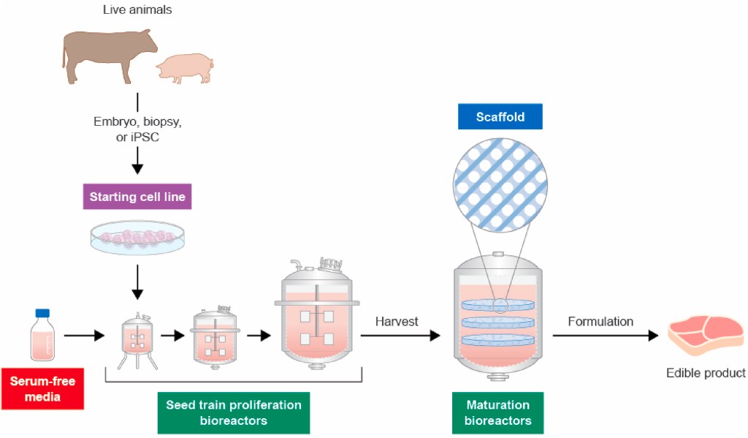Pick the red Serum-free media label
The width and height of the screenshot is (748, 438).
[x=42, y=389]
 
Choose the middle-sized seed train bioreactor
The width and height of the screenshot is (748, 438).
[x=215, y=337]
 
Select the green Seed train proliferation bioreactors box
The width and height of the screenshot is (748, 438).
[x=234, y=412]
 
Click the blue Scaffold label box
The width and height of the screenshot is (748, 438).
[x=500, y=117]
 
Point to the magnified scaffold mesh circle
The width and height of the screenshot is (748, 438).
[x=500, y=183]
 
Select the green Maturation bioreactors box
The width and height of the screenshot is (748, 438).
[x=500, y=412]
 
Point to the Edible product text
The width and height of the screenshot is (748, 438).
[x=706, y=374]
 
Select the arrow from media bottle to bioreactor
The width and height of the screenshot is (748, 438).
[x=83, y=336]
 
